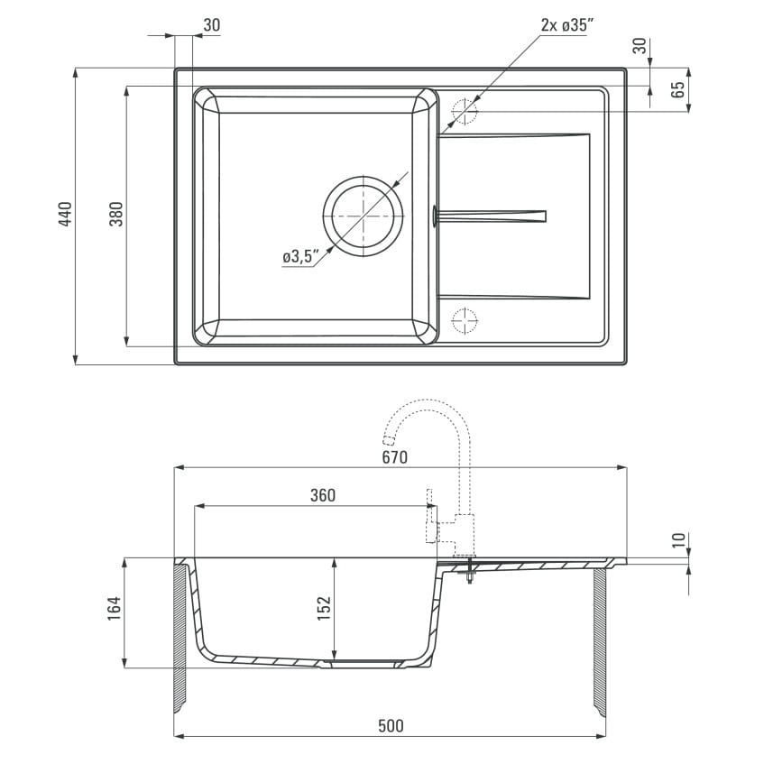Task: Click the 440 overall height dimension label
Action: pyautogui.click(x=65, y=214)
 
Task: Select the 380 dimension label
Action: pyautogui.click(x=116, y=214)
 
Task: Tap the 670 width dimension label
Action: pyautogui.click(x=395, y=457)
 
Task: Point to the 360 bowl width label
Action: pyautogui.click(x=323, y=495)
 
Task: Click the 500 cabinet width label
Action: pyautogui.click(x=391, y=726)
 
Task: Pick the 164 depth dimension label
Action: pyautogui.click(x=114, y=608)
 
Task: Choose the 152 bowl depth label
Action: pyautogui.click(x=324, y=608)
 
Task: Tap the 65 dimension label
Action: pyautogui.click(x=678, y=89)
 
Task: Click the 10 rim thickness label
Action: pyautogui.click(x=679, y=539)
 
